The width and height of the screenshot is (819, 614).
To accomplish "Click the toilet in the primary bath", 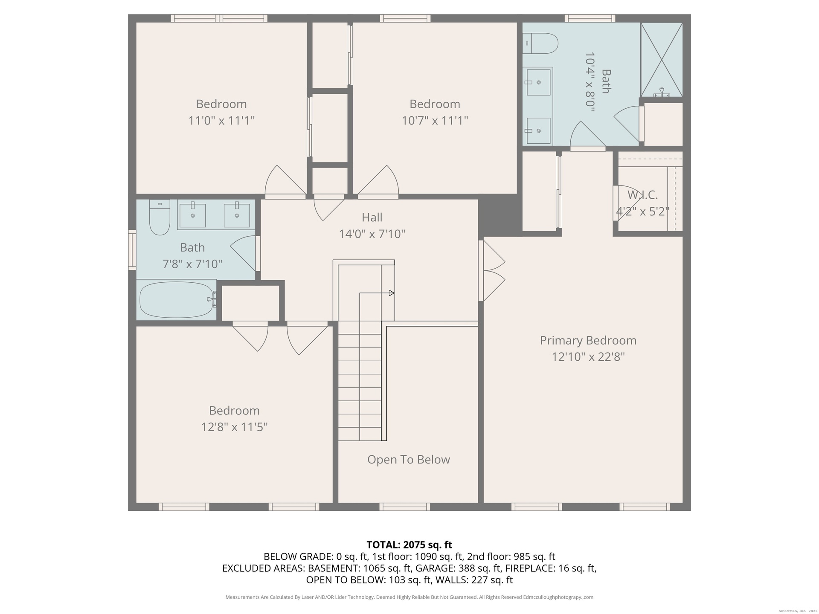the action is (x=540, y=43).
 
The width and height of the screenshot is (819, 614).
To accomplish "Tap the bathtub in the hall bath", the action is (x=176, y=299).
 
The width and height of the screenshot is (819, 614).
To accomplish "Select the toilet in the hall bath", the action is (x=160, y=217).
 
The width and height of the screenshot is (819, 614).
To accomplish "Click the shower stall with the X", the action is (x=662, y=60).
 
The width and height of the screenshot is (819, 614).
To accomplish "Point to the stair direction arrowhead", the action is (x=392, y=293).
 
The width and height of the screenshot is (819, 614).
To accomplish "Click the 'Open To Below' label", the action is (x=409, y=460).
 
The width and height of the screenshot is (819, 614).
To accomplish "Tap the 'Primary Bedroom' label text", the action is (x=588, y=340).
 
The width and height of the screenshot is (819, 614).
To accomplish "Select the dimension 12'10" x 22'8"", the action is (x=588, y=356).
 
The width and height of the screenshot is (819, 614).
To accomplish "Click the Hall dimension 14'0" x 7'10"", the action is (x=372, y=234).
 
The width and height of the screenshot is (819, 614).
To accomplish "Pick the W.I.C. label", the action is (x=642, y=195).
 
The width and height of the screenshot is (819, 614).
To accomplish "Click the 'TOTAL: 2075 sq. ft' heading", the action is (x=409, y=544).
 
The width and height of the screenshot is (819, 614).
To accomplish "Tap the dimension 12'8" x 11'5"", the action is (x=235, y=427).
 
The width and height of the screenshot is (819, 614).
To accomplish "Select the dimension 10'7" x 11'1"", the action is (x=435, y=120).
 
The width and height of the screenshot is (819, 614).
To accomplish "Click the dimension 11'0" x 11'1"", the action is (x=221, y=120).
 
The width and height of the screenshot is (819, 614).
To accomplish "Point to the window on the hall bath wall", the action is (x=132, y=250).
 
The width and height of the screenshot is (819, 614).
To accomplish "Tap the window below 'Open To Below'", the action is (x=405, y=507).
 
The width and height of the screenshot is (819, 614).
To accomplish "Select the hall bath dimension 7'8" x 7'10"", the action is (x=192, y=264).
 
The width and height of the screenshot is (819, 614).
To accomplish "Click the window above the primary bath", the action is (x=590, y=18).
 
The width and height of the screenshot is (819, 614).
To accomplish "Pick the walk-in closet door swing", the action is (x=626, y=203).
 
